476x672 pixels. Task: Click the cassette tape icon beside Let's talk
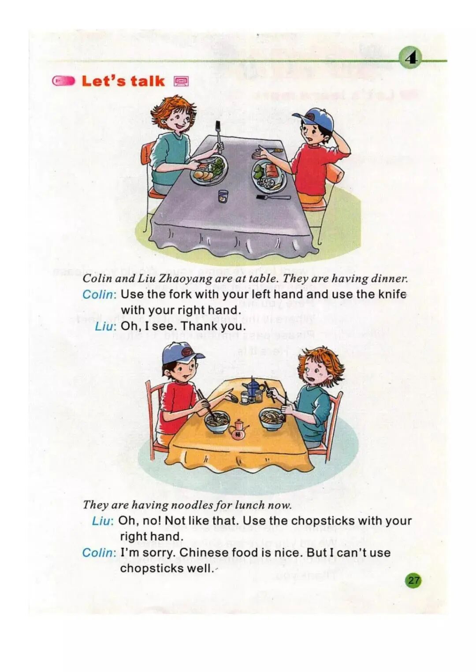point(181,81)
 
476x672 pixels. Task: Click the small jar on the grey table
point(223,197)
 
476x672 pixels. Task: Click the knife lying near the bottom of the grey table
point(273,197)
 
